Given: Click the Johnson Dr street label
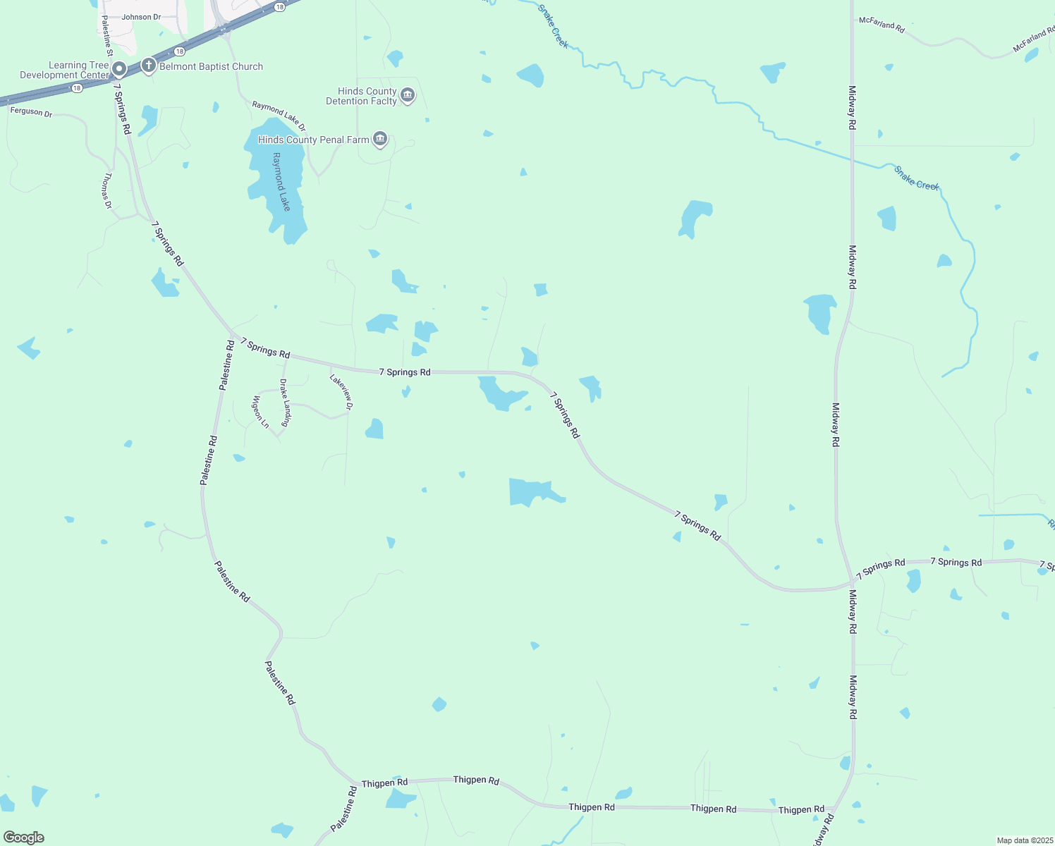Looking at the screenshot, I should tap(141, 17).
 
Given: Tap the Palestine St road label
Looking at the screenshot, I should tap(107, 36).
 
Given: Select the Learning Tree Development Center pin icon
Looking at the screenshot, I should tap(119, 69).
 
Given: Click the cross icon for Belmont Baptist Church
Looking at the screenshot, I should tap(148, 66).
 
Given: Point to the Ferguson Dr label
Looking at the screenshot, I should tap(31, 111).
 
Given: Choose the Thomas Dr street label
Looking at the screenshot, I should tap(107, 190).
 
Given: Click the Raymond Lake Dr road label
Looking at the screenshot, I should tap(279, 116).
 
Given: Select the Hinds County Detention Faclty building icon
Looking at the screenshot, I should tap(408, 96).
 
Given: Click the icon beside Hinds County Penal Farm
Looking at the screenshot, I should tap(380, 140).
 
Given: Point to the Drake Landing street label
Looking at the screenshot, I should tap(285, 403).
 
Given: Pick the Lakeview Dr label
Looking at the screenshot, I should tap(341, 391).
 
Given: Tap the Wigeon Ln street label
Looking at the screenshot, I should tap(260, 412).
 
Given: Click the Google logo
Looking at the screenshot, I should tap(24, 838).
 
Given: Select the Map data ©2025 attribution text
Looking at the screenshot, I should tap(1025, 840).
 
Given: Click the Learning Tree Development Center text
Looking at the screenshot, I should tap(65, 70).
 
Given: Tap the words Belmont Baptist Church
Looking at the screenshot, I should tap(211, 66).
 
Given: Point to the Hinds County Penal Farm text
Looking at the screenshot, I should tap(313, 140).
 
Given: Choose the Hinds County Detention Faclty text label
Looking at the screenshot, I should tap(361, 96).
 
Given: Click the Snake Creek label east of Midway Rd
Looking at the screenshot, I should tap(916, 178).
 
